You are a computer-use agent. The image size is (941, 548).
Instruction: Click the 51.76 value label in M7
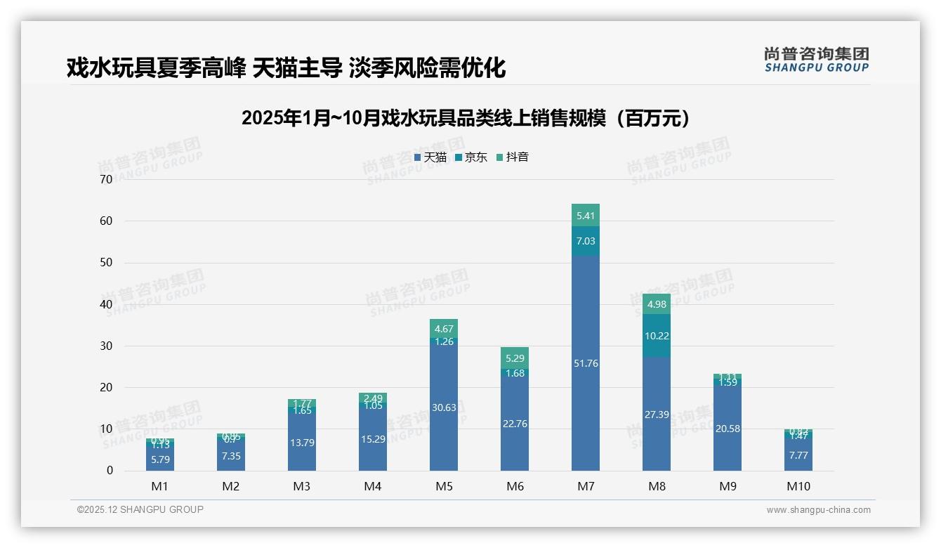point(586,363)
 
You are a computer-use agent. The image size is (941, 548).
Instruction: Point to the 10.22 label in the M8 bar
point(657,336)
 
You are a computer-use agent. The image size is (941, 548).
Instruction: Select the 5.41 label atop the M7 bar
point(586,216)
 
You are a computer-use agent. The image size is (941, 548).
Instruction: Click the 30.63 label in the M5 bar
point(444,407)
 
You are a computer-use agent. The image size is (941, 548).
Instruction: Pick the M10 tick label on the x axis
point(798,486)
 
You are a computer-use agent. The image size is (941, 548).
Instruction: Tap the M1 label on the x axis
point(160,486)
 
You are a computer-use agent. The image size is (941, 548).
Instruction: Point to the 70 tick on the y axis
point(106,179)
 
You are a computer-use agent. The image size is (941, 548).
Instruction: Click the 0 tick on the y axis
point(110,471)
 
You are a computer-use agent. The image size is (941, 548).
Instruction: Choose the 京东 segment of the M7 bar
point(586,241)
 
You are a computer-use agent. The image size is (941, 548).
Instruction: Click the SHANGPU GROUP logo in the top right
point(816,60)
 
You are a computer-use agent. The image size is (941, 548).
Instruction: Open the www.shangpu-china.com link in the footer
point(818,510)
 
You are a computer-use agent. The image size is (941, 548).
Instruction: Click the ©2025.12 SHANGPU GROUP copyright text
point(140,509)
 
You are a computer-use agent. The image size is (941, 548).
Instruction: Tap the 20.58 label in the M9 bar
point(728,429)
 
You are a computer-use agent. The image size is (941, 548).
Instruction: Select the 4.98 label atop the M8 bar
point(657,304)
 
